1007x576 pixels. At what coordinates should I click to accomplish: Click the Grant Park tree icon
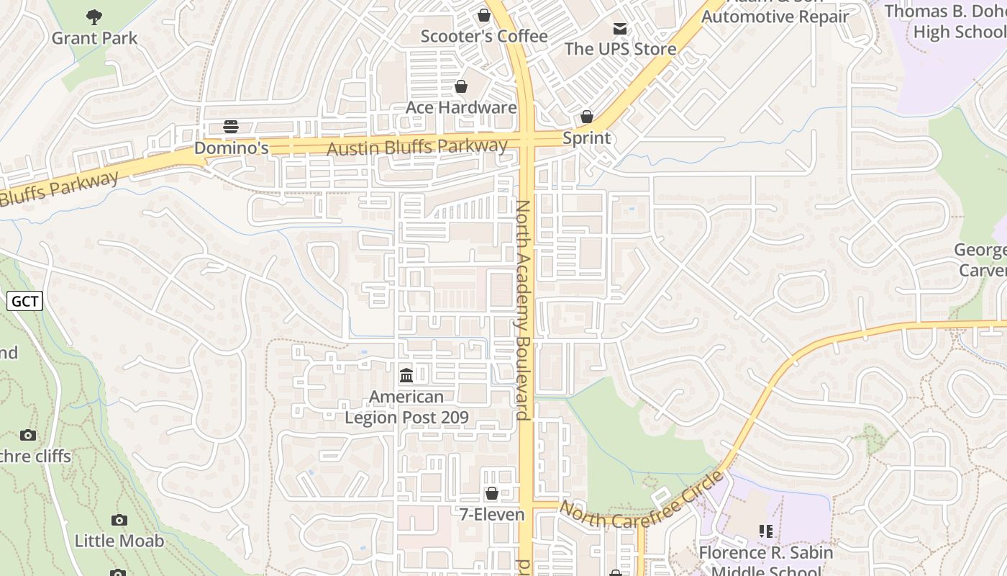(x=94, y=16)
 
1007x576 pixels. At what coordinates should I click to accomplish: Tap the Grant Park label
(x=94, y=38)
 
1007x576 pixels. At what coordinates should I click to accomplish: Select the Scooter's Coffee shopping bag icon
(x=484, y=15)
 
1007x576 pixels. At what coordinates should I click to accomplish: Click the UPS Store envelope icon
(x=619, y=29)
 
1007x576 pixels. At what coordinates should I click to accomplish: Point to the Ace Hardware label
(x=461, y=107)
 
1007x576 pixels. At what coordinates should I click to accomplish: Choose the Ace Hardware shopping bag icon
(x=461, y=86)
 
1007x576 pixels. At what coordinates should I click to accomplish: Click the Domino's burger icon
(x=231, y=127)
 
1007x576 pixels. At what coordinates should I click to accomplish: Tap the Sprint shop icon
(x=587, y=117)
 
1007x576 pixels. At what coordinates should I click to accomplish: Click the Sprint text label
(x=587, y=138)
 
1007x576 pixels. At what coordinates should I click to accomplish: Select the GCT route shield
(x=25, y=301)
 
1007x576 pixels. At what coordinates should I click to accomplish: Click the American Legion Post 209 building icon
(x=406, y=375)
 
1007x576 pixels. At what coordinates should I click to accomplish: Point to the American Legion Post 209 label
(x=406, y=407)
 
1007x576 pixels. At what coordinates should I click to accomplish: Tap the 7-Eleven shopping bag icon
(x=492, y=493)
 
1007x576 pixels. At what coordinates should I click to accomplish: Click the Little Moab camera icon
(x=119, y=520)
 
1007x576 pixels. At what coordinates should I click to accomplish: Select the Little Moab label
(x=119, y=541)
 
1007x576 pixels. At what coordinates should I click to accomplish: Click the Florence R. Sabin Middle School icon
(x=766, y=531)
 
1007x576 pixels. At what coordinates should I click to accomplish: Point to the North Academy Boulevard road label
(x=523, y=310)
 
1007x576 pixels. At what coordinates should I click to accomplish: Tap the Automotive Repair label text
(x=775, y=16)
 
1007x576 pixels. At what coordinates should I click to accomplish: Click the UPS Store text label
(x=620, y=49)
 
